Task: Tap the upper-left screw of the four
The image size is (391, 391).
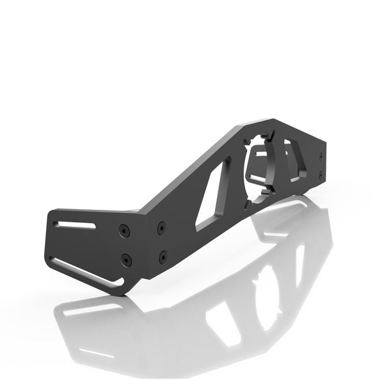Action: point(124,230)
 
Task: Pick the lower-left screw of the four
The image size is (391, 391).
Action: point(126,260)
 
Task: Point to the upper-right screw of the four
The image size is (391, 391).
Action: point(161,227)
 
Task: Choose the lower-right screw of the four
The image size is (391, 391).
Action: point(162,256)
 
